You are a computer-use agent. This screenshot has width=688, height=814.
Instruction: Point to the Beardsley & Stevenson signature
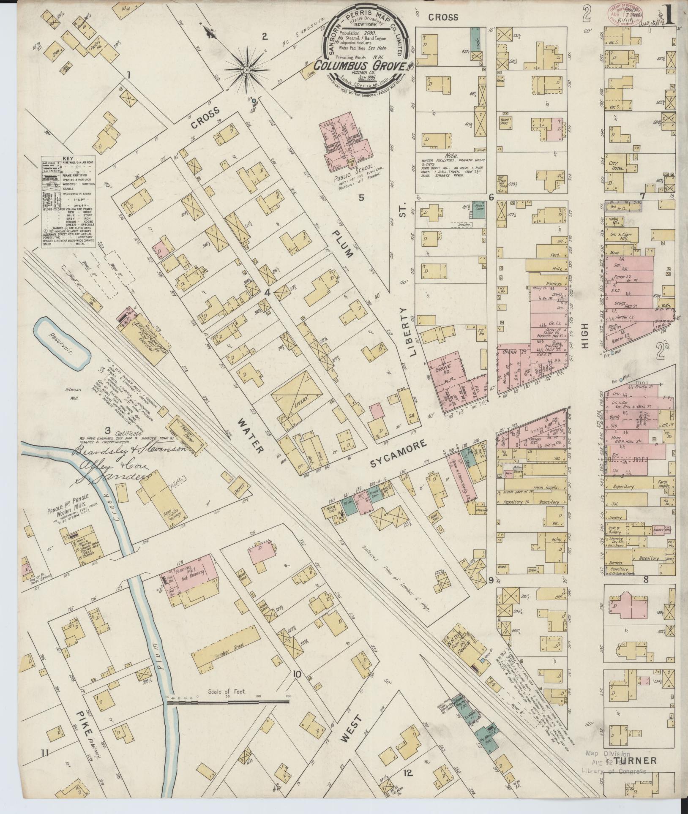pyautogui.click(x=131, y=450)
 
